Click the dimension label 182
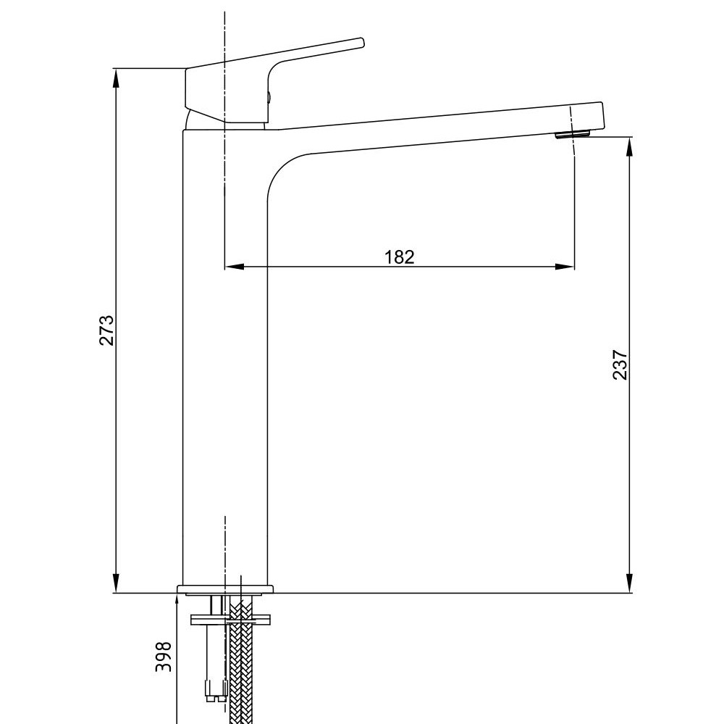click(400, 257)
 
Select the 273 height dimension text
click(106, 330)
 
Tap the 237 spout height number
click(620, 365)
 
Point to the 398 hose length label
click(163, 657)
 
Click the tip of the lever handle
click(362, 42)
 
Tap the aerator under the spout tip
click(573, 135)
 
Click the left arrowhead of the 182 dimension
click(234, 267)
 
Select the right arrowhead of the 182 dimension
click(565, 267)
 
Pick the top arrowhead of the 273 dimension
click(116, 78)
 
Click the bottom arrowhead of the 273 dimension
click(116, 583)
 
